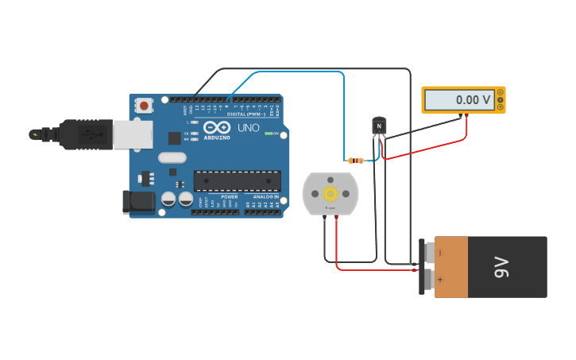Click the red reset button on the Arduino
144,105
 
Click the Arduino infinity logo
217,127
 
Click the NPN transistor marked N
379,126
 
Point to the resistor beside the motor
356,161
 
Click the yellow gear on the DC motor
330,193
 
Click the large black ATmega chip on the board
237,181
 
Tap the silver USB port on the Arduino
132,134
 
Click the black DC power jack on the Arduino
138,202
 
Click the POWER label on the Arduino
229,196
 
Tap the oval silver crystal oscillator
172,157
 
